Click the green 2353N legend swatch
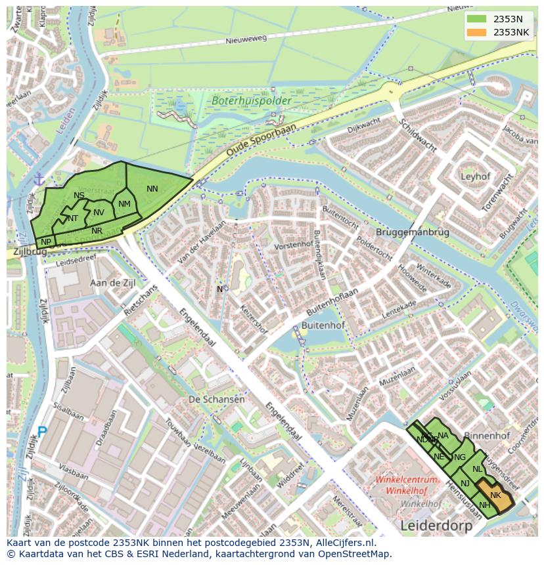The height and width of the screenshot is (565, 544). pyautogui.click(x=476, y=18)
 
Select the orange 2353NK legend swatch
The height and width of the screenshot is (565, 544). pyautogui.click(x=476, y=31)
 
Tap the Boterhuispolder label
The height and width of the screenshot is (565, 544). pyautogui.click(x=242, y=101)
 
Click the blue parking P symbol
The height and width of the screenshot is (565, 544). pyautogui.click(x=42, y=432)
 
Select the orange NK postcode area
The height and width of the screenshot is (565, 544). pyautogui.click(x=495, y=496)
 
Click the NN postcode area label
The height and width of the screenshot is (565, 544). pyautogui.click(x=152, y=189)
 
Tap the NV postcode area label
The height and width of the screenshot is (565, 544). pyautogui.click(x=99, y=212)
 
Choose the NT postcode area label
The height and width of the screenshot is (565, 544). pyautogui.click(x=72, y=219)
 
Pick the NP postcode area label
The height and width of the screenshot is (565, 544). pyautogui.click(x=46, y=242)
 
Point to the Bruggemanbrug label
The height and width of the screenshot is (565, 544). pyautogui.click(x=412, y=232)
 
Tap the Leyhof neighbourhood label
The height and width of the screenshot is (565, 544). pyautogui.click(x=476, y=177)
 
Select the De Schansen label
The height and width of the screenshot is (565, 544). pyautogui.click(x=216, y=399)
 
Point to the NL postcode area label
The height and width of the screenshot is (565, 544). pyautogui.click(x=477, y=469)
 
